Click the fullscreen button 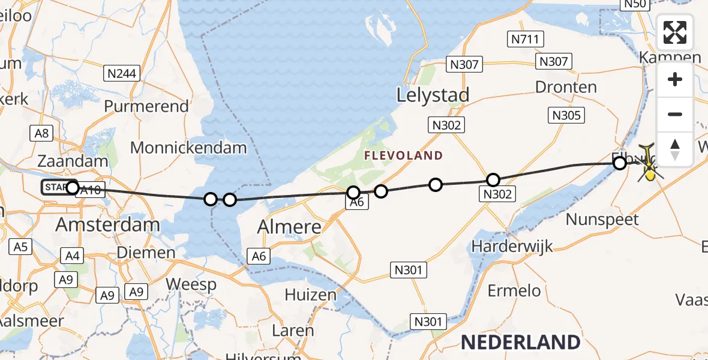coord(675,32)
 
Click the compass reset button coord(675,149)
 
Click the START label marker coord(55,188)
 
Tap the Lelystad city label coord(433,95)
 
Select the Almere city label coord(289,227)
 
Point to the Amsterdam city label coord(107,225)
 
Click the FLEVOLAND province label coord(403,155)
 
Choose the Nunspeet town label coord(602,220)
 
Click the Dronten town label coord(566,87)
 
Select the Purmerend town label coord(146,106)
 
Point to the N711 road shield coord(526,40)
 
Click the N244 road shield coord(122,74)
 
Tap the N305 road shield coord(566,115)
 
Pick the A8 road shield coord(41,133)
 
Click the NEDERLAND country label coord(520,342)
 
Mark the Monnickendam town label coord(188,148)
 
